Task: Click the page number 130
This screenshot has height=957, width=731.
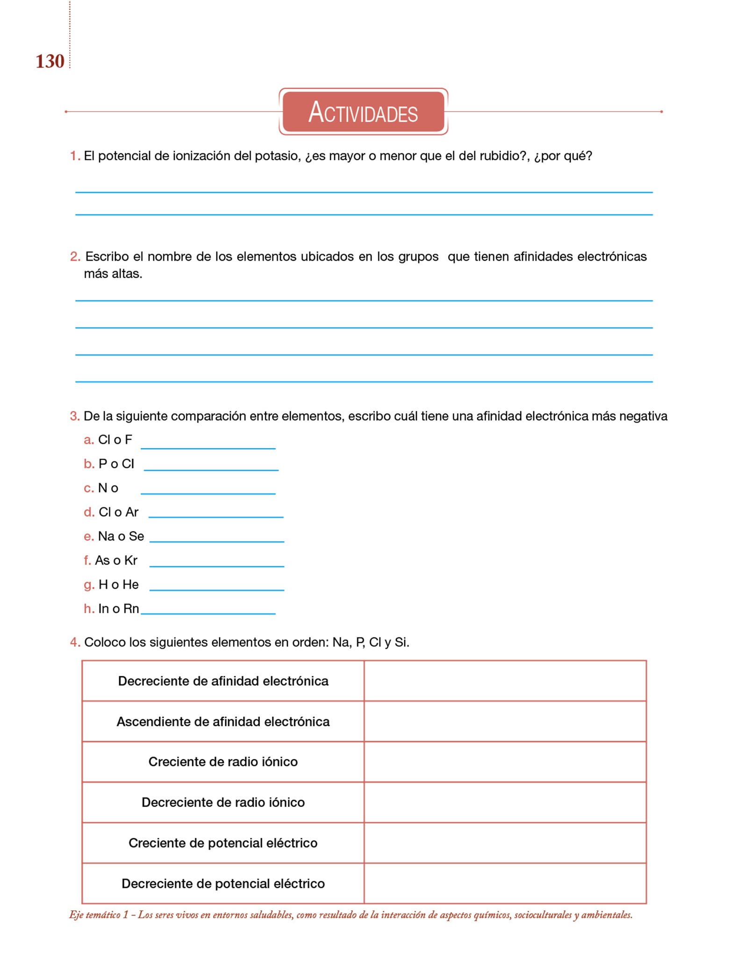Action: pyautogui.click(x=50, y=62)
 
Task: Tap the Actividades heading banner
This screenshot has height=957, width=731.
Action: pyautogui.click(x=363, y=112)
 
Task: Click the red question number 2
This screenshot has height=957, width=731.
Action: pyautogui.click(x=75, y=257)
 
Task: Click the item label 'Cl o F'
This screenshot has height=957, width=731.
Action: pyautogui.click(x=115, y=440)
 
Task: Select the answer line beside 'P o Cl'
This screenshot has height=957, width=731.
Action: pyautogui.click(x=211, y=469)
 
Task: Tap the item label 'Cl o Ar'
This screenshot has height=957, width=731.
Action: pyautogui.click(x=118, y=512)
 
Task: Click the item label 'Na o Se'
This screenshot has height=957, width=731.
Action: pyautogui.click(x=121, y=536)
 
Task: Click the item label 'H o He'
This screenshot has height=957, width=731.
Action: pyautogui.click(x=118, y=585)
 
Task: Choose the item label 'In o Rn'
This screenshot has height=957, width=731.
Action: pyautogui.click(x=118, y=609)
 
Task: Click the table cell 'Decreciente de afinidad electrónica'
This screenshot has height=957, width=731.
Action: pyautogui.click(x=223, y=681)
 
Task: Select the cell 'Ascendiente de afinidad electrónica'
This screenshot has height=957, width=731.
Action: pyautogui.click(x=223, y=722)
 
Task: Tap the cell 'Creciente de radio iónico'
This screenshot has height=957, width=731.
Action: pyautogui.click(x=223, y=762)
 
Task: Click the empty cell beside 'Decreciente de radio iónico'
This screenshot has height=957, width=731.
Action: pyautogui.click(x=505, y=803)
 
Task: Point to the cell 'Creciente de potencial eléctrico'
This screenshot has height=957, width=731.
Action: pyautogui.click(x=223, y=843)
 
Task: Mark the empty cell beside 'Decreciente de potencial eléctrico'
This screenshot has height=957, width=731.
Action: pyautogui.click(x=505, y=884)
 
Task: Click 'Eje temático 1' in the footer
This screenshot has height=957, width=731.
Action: pyautogui.click(x=99, y=915)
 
